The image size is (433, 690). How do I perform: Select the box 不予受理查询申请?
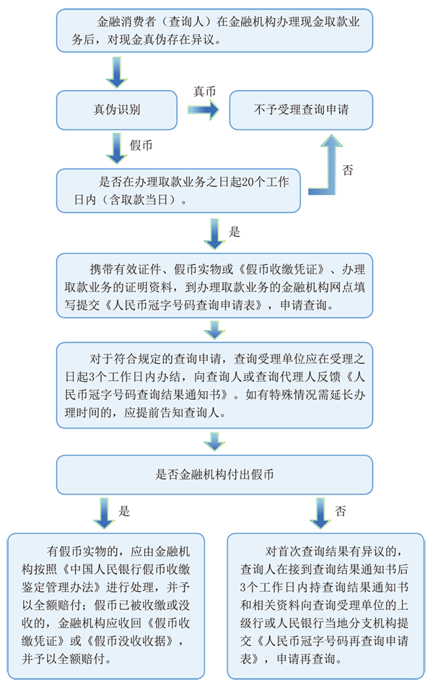coord(301,110)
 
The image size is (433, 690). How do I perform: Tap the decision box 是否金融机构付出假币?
coord(214,475)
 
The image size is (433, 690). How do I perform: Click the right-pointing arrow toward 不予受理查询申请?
coord(205,110)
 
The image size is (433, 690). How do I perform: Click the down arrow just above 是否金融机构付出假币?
coord(214,440)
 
